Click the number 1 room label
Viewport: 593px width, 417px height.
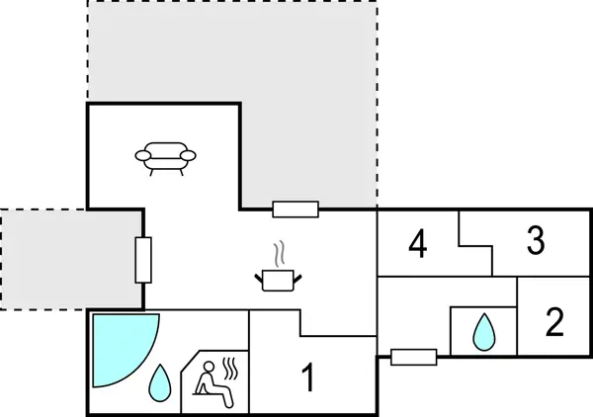pyautogui.click(x=308, y=377)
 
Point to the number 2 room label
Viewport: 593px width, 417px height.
pyautogui.click(x=555, y=321)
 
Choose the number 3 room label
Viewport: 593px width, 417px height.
pyautogui.click(x=536, y=241)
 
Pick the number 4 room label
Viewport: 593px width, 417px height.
pyautogui.click(x=418, y=244)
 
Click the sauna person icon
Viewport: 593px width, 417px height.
pyautogui.click(x=211, y=382)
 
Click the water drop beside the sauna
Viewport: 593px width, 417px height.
pyautogui.click(x=158, y=382)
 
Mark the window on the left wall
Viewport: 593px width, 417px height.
pyautogui.click(x=143, y=260)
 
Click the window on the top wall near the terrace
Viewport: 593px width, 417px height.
pyautogui.click(x=295, y=208)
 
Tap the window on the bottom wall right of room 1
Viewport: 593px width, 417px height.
pyautogui.click(x=413, y=357)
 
